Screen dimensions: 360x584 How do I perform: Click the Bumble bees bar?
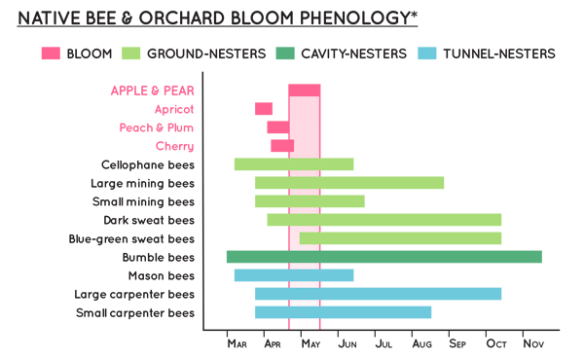click(383, 257)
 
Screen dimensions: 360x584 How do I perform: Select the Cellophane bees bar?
click(293, 164)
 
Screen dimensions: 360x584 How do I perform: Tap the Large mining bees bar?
click(348, 183)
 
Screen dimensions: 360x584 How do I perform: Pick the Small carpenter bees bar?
click(343, 312)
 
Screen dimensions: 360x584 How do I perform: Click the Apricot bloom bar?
click(263, 109)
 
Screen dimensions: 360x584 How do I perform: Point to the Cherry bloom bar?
click(281, 146)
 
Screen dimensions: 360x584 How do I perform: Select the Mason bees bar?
click(293, 275)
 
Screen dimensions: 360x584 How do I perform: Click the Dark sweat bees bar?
click(383, 220)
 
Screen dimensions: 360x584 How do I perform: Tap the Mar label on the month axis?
click(237, 343)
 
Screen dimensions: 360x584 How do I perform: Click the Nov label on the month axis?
click(532, 343)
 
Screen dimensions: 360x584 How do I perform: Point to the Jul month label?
click(383, 343)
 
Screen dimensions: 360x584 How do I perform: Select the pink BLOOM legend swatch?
click(52, 54)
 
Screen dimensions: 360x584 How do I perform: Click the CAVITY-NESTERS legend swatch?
click(291, 54)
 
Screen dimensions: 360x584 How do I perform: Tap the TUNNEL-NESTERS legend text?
click(498, 54)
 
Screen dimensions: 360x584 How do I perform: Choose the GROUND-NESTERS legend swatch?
click(132, 54)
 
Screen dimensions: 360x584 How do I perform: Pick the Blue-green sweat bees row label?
click(131, 238)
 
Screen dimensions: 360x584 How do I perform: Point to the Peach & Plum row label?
click(156, 127)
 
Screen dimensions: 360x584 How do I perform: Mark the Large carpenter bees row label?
click(134, 294)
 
